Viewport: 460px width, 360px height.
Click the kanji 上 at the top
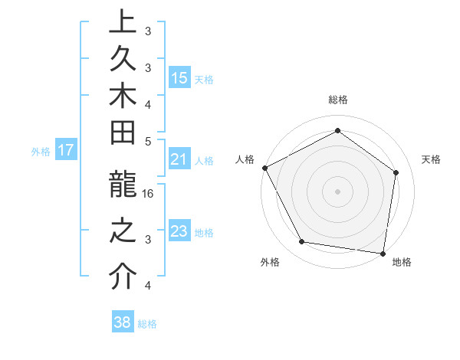(123, 23)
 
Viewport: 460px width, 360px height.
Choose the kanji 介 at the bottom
(123, 277)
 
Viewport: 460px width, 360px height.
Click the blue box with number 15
(179, 78)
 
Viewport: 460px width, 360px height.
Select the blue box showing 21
(179, 159)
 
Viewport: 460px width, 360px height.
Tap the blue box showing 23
(179, 231)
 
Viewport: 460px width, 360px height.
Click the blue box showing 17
(65, 150)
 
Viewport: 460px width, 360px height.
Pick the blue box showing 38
(122, 322)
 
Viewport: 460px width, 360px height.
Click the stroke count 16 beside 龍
(149, 193)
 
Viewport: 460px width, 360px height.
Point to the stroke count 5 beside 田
(148, 140)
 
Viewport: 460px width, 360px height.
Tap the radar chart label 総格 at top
(337, 100)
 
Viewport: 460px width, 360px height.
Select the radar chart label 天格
(431, 159)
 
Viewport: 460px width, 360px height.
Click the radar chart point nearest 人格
(264, 168)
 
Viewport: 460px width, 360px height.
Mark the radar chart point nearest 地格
(383, 252)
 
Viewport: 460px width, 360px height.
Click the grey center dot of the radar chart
(337, 191)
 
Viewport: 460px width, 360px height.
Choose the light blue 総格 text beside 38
(147, 323)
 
